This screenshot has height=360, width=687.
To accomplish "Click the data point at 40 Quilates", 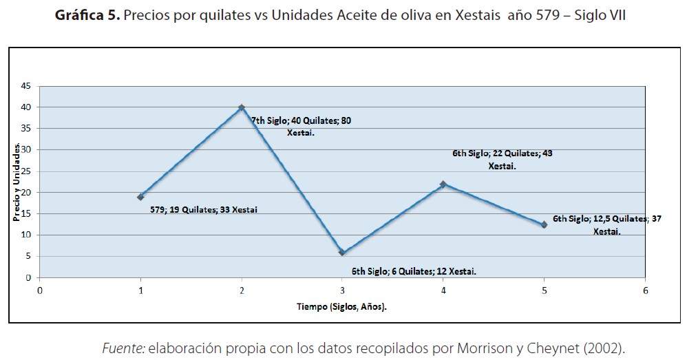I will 242,107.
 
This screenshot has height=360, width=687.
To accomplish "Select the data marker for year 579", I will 140,197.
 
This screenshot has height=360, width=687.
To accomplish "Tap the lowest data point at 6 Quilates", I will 342,253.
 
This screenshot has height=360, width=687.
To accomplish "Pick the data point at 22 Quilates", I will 443,184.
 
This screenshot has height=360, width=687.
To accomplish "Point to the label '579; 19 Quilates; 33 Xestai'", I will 204,209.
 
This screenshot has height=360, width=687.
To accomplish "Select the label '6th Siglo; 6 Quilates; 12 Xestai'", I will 413,271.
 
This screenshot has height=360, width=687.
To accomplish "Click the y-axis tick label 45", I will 26,86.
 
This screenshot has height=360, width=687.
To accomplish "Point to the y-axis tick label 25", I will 26,171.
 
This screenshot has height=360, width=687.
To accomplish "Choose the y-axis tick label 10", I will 26,235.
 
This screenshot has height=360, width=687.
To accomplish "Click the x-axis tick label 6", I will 645,290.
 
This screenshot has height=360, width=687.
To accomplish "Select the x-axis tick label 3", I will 342,290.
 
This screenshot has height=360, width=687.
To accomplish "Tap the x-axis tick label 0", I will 40,290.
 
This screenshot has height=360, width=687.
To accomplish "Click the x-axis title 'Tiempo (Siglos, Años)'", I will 342,307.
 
